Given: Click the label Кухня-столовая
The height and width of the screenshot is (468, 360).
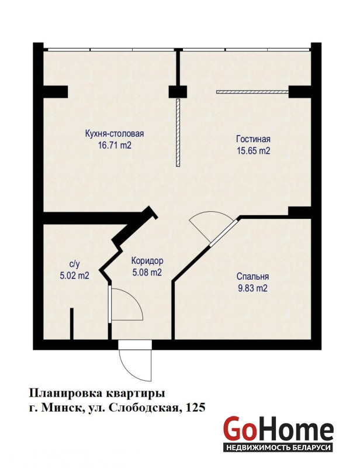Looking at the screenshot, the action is pos(115,134).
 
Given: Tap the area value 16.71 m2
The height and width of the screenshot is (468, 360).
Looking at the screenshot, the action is pos(115,146).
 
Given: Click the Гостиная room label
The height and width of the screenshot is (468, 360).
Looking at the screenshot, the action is pos(253,139).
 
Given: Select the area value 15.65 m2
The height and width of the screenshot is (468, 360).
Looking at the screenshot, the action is pos(253,151).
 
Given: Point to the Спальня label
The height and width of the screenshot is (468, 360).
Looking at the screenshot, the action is pos(252,276).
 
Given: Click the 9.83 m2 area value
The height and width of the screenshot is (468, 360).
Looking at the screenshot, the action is pos(252,288).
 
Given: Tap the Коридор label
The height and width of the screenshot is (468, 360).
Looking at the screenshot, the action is pos(147,261).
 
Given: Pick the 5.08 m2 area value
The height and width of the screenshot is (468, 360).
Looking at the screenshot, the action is pos(147,273).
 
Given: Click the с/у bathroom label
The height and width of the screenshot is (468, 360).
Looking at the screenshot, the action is pos(74,264).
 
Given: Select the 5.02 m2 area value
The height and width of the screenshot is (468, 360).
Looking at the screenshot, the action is pos(74,276).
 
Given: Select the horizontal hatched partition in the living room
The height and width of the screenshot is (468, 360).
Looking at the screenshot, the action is pos(252,92).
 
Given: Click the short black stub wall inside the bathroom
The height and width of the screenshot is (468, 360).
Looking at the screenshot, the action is pos(71,324).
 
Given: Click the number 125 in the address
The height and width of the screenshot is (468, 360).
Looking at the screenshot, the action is pos(196,407).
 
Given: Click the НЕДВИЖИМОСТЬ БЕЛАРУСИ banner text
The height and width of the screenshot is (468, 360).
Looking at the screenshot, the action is pos(278,448).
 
